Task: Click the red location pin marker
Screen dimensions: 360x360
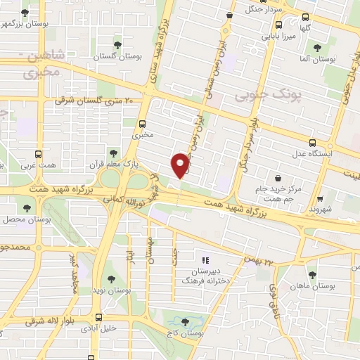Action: click(180, 165)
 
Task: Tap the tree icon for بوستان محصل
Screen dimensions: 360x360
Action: click(27, 208)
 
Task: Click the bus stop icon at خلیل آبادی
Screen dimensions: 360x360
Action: click(98, 317)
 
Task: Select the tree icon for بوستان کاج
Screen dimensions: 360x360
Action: click(185, 323)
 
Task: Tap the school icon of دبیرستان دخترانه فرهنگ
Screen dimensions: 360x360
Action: click(205, 259)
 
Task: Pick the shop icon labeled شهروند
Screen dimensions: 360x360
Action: click(320, 199)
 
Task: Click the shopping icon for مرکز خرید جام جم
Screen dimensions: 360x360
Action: click(279, 178)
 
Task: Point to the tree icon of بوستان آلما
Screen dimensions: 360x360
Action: click(316, 48)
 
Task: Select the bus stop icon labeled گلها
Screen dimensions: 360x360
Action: click(305, 18)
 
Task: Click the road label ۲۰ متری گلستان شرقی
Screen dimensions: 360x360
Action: click(94, 101)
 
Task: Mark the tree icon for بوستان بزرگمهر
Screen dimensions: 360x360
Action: click(25, 13)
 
